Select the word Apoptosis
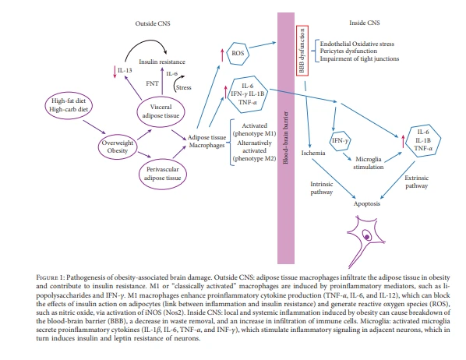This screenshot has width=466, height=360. click(367, 203)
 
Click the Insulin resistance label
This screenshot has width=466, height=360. click(162, 62)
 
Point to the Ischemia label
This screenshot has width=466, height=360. click(313, 153)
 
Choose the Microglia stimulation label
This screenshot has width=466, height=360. click(369, 163)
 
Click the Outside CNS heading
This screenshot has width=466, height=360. click(153, 23)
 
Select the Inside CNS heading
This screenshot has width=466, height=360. click(365, 23)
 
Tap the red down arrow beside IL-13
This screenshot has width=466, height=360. click(115, 72)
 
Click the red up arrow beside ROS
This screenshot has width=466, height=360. click(222, 55)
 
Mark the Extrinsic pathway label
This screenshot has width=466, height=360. click(417, 182)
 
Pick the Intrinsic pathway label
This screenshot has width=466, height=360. click(322, 188)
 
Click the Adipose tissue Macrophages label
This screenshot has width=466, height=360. click(207, 141)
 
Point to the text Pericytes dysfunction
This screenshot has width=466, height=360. click(348, 51)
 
